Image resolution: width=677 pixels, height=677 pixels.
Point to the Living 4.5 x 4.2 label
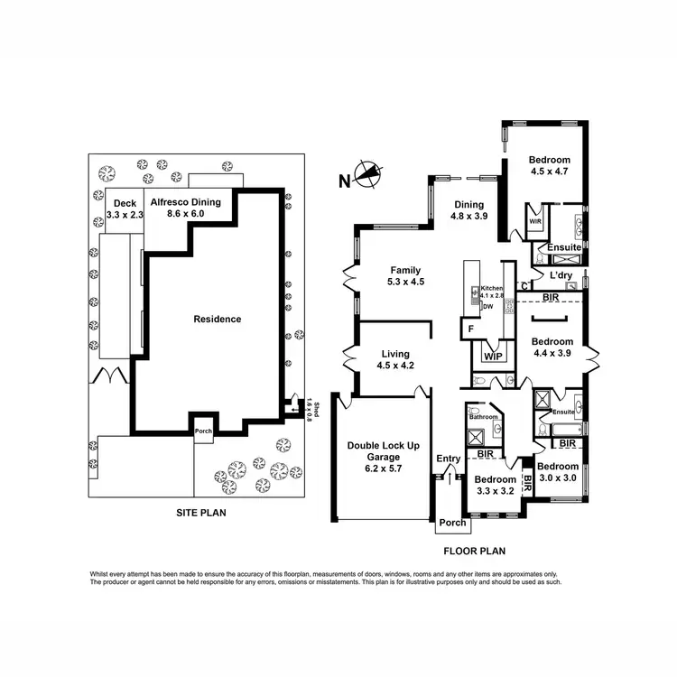point(394,359)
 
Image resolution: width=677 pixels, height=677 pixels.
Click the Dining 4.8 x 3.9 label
point(469,210)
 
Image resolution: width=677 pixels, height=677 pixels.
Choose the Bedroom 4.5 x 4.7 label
point(551,166)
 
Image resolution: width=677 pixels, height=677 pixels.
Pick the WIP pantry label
point(493,357)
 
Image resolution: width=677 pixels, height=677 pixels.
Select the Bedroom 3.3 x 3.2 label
point(495,486)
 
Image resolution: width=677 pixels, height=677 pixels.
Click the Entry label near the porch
point(449,459)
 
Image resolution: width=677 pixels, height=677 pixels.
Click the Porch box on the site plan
point(205,431)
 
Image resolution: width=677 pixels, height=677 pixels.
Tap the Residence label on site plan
point(218,319)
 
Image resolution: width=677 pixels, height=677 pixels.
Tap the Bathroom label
point(484,417)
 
